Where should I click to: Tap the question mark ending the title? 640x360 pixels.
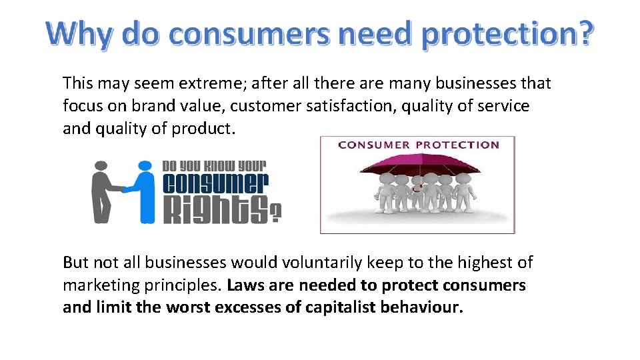point(580,34)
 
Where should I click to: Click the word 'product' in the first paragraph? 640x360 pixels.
point(203,129)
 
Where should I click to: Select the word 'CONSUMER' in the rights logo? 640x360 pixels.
point(215,183)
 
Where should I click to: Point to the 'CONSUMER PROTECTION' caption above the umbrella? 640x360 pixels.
point(418,145)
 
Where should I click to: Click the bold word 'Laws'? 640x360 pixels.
point(247,285)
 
